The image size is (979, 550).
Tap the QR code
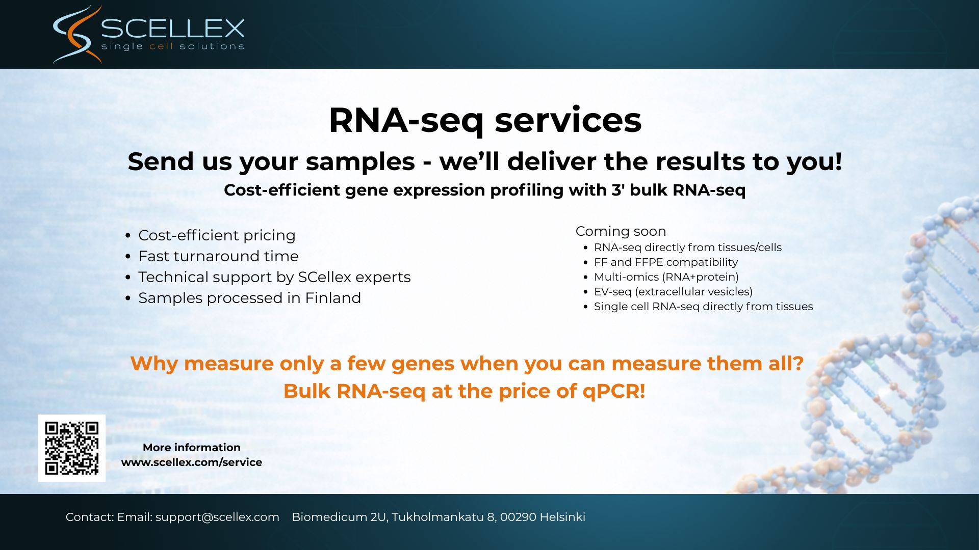pyautogui.click(x=72, y=448)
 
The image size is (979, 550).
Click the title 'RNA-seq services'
pyautogui.click(x=485, y=121)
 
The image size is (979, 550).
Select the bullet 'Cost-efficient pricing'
pyautogui.click(x=217, y=235)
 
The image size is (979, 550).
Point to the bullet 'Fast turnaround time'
pyautogui.click(x=218, y=256)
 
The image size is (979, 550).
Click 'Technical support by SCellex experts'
pyautogui.click(x=274, y=277)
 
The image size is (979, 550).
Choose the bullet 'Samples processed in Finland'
pyautogui.click(x=249, y=298)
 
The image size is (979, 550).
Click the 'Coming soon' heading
pyautogui.click(x=621, y=231)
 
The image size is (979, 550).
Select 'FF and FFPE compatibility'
pyautogui.click(x=666, y=262)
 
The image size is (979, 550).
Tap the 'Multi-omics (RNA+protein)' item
pyautogui.click(x=666, y=277)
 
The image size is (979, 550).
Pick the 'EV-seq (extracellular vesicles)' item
pyautogui.click(x=673, y=292)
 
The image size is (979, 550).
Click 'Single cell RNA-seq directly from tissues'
pyautogui.click(x=704, y=307)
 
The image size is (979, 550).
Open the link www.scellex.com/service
pyautogui.click(x=192, y=462)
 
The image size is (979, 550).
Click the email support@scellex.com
pyautogui.click(x=217, y=517)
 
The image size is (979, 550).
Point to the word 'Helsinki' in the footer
pyautogui.click(x=562, y=517)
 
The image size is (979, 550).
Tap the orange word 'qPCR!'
pyautogui.click(x=614, y=392)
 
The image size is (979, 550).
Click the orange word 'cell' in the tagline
pyautogui.click(x=161, y=46)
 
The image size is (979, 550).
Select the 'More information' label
pyautogui.click(x=192, y=448)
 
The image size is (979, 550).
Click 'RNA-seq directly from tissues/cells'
pyautogui.click(x=688, y=248)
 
